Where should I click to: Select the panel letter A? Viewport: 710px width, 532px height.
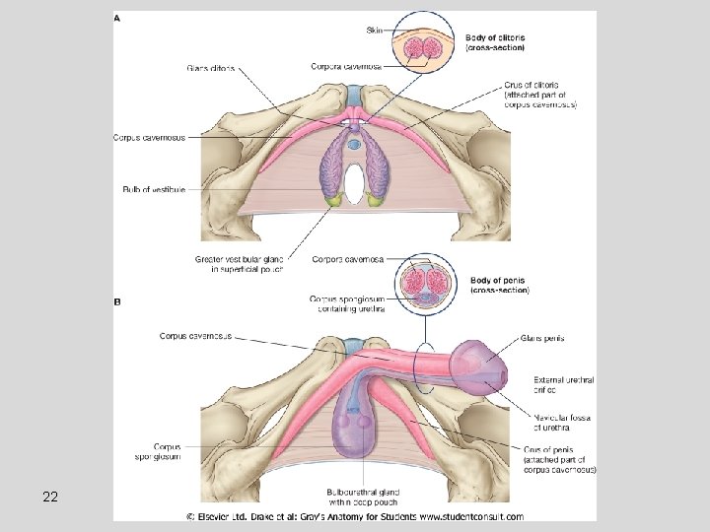(118, 18)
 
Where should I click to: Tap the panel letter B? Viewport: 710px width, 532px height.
(118, 302)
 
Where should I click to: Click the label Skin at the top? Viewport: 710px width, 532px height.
(375, 31)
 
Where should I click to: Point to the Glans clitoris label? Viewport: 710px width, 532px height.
(210, 68)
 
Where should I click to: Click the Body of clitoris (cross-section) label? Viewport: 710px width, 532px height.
(494, 42)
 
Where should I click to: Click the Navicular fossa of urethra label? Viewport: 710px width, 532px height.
(559, 423)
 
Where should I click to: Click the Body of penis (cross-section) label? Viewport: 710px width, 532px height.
(500, 287)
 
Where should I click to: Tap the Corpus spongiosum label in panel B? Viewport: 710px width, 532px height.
(158, 451)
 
